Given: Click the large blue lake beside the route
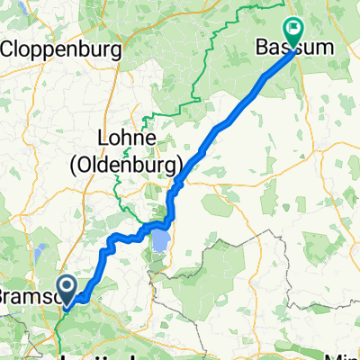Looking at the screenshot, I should click(160, 240).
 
